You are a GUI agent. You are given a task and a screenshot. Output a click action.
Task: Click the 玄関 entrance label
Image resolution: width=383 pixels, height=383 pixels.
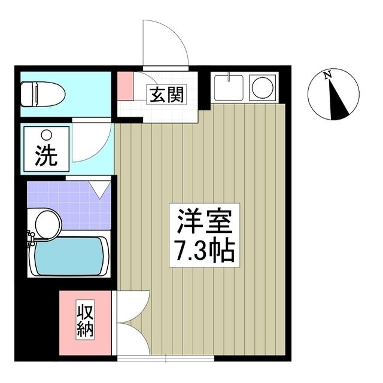coord(163,94)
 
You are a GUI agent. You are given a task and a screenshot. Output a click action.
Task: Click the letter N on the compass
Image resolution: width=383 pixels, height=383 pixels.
coord(327,75)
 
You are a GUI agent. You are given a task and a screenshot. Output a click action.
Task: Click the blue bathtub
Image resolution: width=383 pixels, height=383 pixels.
coord(69,256)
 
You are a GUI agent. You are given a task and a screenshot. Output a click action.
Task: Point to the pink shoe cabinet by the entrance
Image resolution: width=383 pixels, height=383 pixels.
coord(124,86)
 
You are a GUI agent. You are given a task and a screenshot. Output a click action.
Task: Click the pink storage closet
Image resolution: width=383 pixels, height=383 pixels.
coord(85,323)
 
